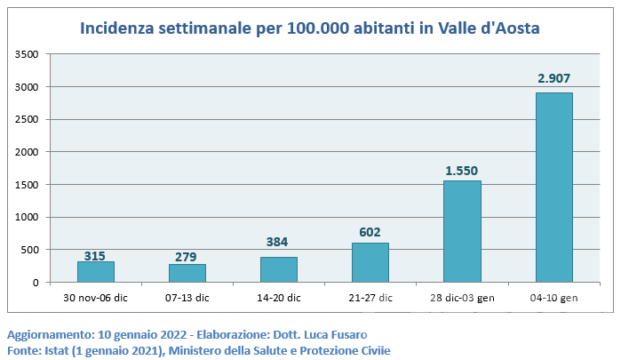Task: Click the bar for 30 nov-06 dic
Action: (96, 272)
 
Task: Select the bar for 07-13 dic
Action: (187, 273)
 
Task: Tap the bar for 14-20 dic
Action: (279, 269)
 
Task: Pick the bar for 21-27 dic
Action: (370, 262)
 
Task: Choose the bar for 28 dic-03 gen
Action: (462, 232)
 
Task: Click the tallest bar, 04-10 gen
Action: (553, 188)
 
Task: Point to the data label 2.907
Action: (554, 78)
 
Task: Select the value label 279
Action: (187, 257)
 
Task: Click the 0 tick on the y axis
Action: (36, 283)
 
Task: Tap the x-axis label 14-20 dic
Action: (279, 298)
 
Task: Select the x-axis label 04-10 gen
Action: (553, 298)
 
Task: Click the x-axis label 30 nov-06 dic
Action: (96, 298)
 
